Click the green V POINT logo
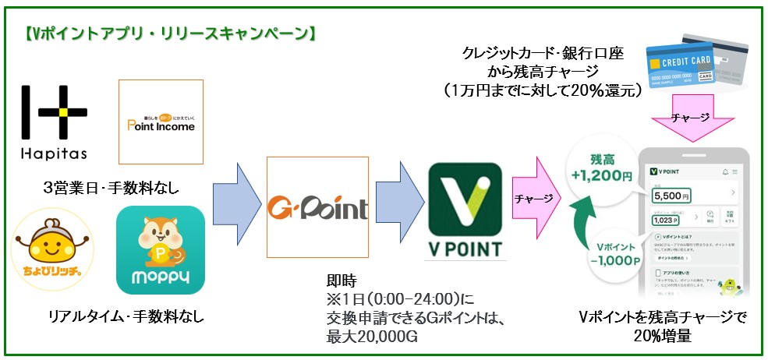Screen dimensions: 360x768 465,209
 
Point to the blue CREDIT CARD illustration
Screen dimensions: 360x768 678,66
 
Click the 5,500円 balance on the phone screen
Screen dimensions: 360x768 671,194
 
